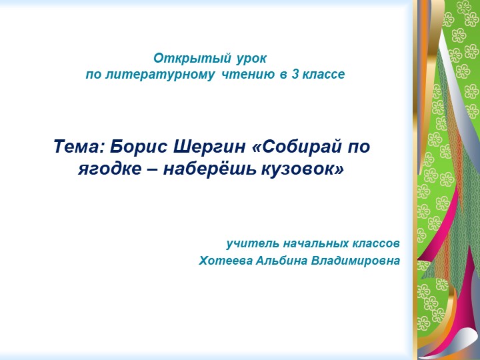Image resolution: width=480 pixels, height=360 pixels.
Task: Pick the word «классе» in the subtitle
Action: [x=323, y=75]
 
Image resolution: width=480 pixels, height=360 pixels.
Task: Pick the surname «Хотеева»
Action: [x=225, y=260]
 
